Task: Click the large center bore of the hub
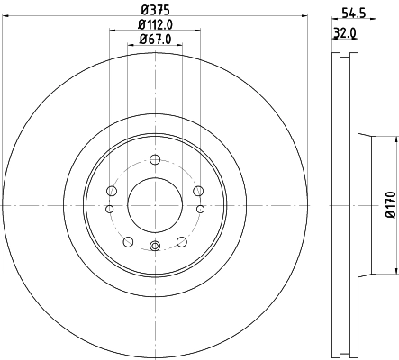154,202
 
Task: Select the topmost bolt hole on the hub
154,160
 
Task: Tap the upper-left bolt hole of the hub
111,190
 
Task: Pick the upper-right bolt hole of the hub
197,190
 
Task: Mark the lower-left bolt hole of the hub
127,241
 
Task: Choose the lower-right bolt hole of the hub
181,241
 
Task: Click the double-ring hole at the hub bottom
154,247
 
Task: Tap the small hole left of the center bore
109,209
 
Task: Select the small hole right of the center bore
199,209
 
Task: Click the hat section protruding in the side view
365,203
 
